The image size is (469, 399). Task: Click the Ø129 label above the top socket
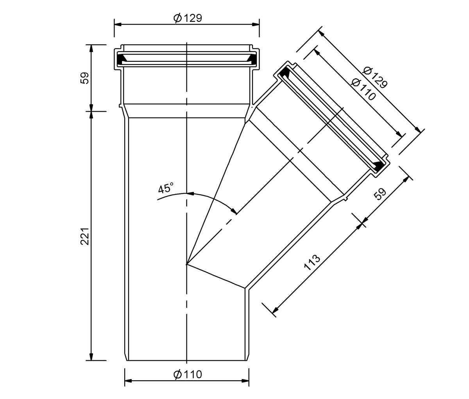point(188,18)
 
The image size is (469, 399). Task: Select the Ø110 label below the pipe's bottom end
point(188,374)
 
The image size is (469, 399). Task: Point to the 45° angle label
point(166,188)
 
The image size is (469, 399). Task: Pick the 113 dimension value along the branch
point(312,263)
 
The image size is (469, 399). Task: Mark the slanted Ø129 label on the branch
point(374,77)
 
